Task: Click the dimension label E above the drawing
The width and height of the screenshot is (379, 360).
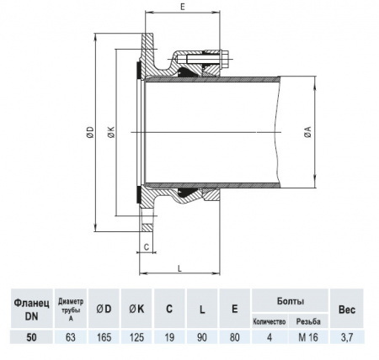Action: click(x=184, y=7)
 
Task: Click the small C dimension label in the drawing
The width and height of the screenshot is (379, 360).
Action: click(x=147, y=247)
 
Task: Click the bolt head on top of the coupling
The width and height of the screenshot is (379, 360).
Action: click(x=228, y=60)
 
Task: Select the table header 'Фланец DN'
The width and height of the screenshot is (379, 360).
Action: click(x=32, y=308)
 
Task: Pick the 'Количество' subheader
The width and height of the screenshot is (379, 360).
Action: click(x=269, y=321)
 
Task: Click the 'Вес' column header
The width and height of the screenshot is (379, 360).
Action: click(x=347, y=309)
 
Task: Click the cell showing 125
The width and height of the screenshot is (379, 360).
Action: click(x=138, y=338)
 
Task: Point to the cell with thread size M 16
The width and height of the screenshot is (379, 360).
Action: click(x=307, y=338)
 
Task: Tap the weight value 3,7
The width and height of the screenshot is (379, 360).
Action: click(x=347, y=338)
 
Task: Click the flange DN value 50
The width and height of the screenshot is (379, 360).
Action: click(x=32, y=338)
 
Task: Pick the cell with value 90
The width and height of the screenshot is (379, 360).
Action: click(x=202, y=338)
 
